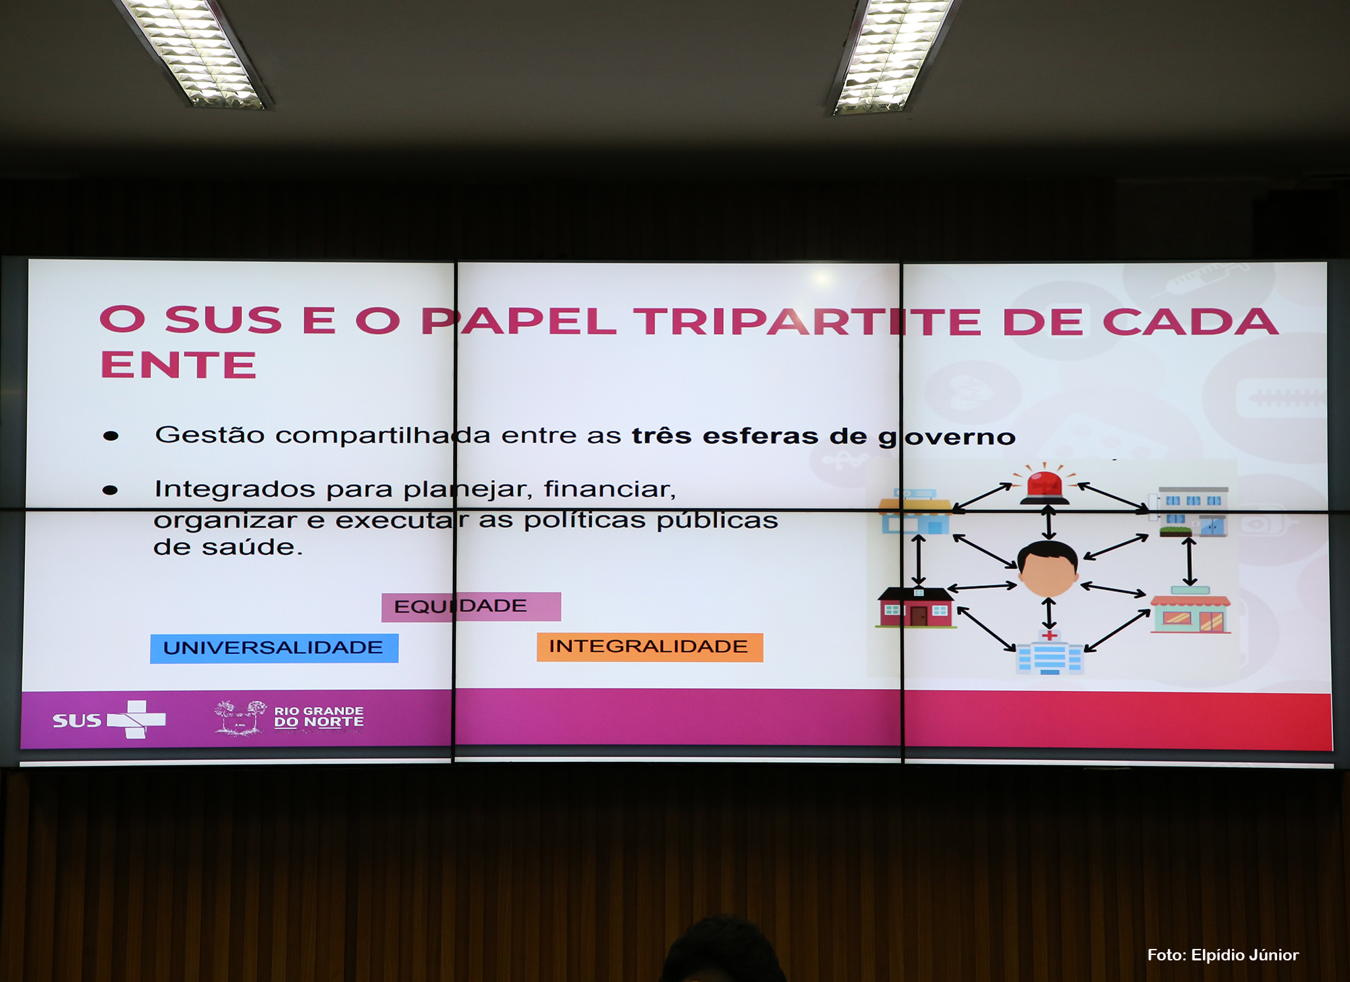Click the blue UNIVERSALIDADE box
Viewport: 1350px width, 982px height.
tap(274, 648)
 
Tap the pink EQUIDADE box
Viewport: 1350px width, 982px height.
tap(471, 606)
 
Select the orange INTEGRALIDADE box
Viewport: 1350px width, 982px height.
tap(649, 647)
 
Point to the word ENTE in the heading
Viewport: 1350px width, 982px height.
tap(178, 365)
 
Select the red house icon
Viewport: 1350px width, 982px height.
tap(916, 607)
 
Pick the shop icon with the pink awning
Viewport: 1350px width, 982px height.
tap(1191, 610)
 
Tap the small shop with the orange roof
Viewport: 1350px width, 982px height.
tap(916, 512)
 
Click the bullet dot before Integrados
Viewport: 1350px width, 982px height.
tap(110, 490)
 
